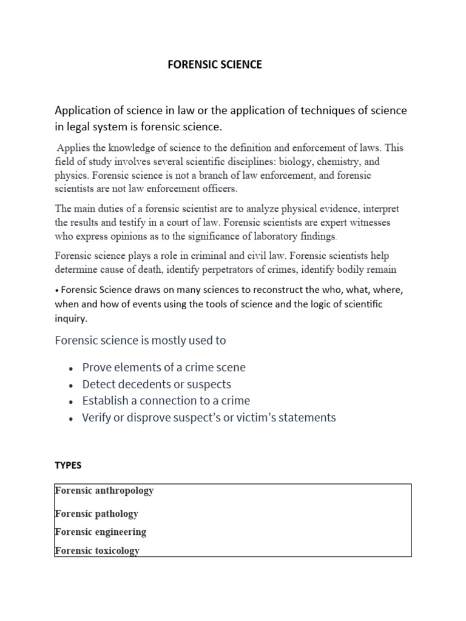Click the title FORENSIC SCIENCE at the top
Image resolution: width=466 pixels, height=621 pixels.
click(x=215, y=65)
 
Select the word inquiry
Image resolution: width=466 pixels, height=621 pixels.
click(x=71, y=317)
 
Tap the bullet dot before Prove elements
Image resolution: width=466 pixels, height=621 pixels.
click(x=72, y=368)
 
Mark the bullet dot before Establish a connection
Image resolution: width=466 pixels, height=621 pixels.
click(x=72, y=401)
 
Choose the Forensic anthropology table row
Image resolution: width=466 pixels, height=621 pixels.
click(x=104, y=491)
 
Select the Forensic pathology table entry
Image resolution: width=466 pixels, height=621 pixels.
click(x=96, y=514)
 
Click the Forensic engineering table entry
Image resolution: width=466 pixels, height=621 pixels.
click(x=100, y=532)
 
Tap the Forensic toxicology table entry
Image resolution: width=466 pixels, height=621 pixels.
click(x=97, y=551)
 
